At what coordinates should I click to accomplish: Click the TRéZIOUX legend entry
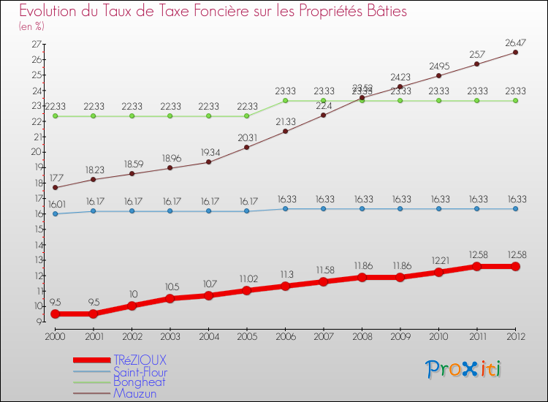pos(140,360)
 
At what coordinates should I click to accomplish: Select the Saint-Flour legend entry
pos(140,372)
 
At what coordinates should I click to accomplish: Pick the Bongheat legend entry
pos(139,382)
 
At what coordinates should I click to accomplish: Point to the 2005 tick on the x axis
pos(247,335)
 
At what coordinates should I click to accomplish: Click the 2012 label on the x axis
pos(515,335)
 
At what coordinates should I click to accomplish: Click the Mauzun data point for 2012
pos(515,52)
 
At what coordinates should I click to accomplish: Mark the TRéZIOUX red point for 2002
pos(132,306)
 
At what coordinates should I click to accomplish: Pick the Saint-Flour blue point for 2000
pos(55,213)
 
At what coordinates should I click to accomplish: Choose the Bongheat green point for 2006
pos(285,101)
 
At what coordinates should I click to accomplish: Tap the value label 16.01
pos(55,203)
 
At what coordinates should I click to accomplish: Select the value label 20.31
pos(247,137)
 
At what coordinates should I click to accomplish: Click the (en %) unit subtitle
pos(31,26)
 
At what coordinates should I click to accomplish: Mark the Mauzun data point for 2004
pos(208,162)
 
